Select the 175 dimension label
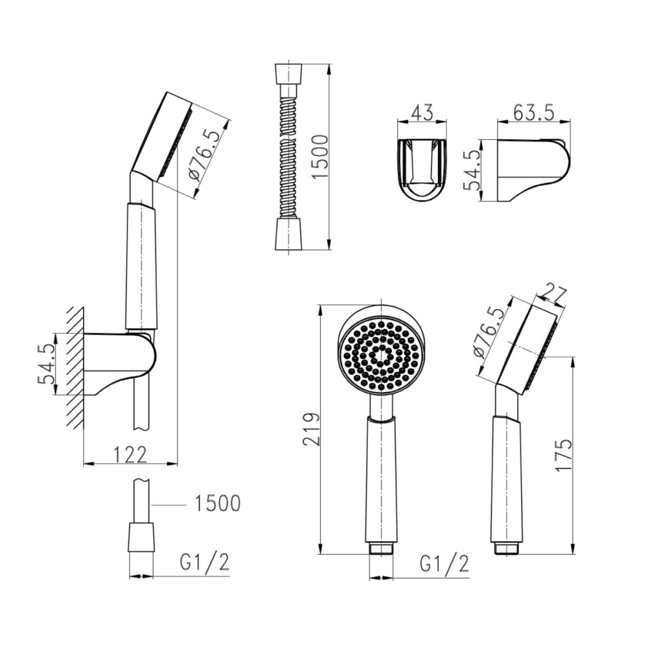pos(562,455)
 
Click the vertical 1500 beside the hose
pos(319,157)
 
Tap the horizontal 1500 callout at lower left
pos(217,503)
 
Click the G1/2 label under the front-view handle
pos(445,563)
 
